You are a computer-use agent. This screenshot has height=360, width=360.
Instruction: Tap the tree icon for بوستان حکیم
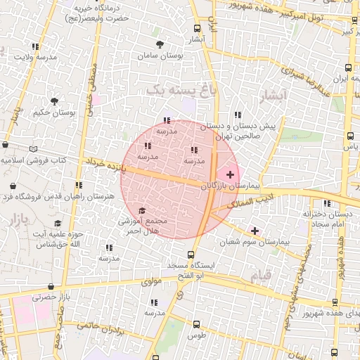(x=56, y=101)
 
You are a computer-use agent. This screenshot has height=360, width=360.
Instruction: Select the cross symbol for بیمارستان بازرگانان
(x=230, y=174)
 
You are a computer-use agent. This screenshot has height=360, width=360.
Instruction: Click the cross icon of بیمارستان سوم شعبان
(x=255, y=231)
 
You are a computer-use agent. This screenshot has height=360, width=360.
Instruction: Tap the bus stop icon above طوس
(x=196, y=325)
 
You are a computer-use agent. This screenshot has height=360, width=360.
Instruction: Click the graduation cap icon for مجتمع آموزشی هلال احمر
(x=141, y=211)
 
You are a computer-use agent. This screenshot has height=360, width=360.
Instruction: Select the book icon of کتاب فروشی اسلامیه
(x=34, y=148)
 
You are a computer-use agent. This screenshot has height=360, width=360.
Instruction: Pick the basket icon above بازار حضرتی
(x=51, y=286)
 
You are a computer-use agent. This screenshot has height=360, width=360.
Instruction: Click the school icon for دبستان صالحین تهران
(x=238, y=114)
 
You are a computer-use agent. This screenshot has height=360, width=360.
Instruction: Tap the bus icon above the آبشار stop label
(x=196, y=28)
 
